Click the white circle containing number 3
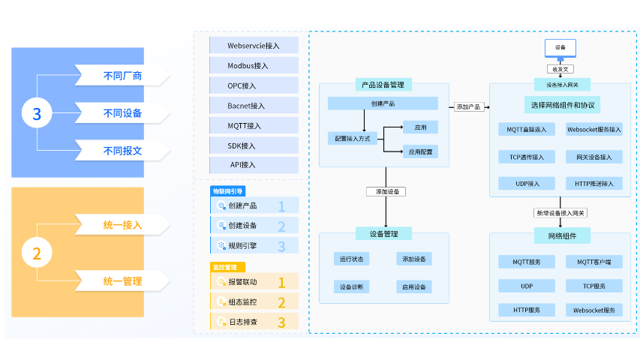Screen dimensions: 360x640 click(x=37, y=114)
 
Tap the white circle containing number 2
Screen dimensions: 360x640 click(x=37, y=253)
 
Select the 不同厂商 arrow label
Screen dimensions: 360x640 click(x=122, y=76)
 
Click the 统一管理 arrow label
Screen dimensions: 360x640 click(x=122, y=281)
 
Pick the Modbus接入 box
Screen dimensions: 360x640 click(x=254, y=65)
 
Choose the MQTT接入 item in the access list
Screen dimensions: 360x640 click(x=254, y=125)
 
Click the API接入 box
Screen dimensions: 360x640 click(x=254, y=165)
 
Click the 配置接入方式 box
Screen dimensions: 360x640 click(x=352, y=138)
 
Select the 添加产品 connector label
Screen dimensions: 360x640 click(x=469, y=107)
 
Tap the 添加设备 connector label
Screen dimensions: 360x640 click(x=386, y=192)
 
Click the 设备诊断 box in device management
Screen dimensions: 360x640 click(x=351, y=287)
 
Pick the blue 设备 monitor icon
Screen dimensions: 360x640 click(x=560, y=48)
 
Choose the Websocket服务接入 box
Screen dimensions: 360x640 click(x=594, y=130)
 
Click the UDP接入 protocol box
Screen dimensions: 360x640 click(x=527, y=184)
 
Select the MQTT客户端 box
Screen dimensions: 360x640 click(x=594, y=262)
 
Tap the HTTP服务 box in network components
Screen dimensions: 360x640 click(x=527, y=310)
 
